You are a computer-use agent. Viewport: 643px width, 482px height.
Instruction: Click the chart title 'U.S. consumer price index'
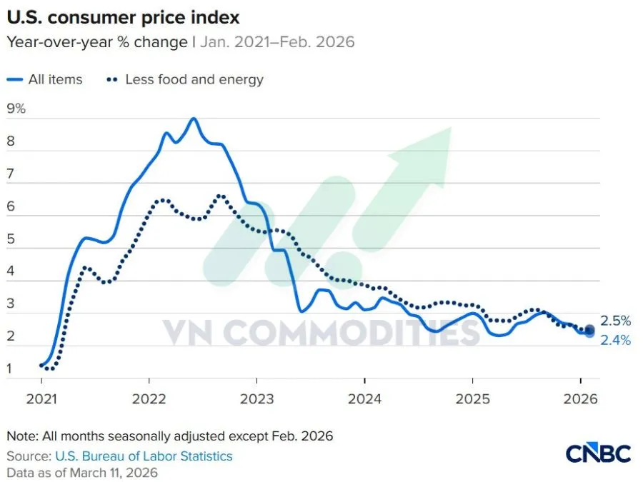123,16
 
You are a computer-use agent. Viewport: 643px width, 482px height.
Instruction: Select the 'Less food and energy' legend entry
194,79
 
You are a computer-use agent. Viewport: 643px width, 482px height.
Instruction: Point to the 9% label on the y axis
16,109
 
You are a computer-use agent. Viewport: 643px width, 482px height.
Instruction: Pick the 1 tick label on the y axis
10,369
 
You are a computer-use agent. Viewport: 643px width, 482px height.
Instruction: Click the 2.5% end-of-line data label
615,321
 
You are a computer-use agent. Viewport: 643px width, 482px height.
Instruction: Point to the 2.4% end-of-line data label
615,341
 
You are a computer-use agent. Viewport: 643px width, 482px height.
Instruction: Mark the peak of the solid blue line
193,119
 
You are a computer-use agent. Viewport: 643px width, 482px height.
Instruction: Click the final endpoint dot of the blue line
589,332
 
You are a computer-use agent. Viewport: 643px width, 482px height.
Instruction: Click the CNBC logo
598,453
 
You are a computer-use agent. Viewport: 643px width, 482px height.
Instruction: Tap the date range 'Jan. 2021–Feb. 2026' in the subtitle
277,41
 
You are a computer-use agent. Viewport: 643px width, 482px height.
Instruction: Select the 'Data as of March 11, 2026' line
82,472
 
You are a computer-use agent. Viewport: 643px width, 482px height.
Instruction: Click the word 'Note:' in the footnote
22,436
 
